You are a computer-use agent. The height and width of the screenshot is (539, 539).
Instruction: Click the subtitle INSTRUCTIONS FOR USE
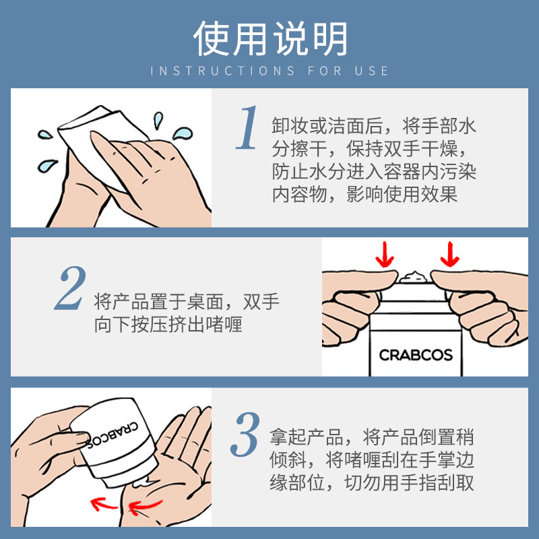coord(269,71)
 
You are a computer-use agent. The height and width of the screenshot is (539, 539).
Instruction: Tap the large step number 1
coord(247,128)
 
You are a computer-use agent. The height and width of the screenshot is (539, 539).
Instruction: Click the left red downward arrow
coord(385,255)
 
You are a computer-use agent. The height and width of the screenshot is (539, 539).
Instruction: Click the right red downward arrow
coord(449,255)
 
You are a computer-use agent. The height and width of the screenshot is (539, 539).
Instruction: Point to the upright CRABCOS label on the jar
coord(415,354)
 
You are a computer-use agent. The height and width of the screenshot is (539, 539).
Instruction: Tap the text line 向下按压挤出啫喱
coord(168,325)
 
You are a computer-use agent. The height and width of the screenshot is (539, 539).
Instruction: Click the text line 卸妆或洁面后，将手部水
coord(374,126)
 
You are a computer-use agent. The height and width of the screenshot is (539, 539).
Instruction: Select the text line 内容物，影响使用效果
coord(364,195)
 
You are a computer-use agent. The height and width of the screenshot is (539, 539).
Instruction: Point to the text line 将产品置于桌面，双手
coord(187,301)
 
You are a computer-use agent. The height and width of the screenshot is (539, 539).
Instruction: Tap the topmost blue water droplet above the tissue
coord(158,121)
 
